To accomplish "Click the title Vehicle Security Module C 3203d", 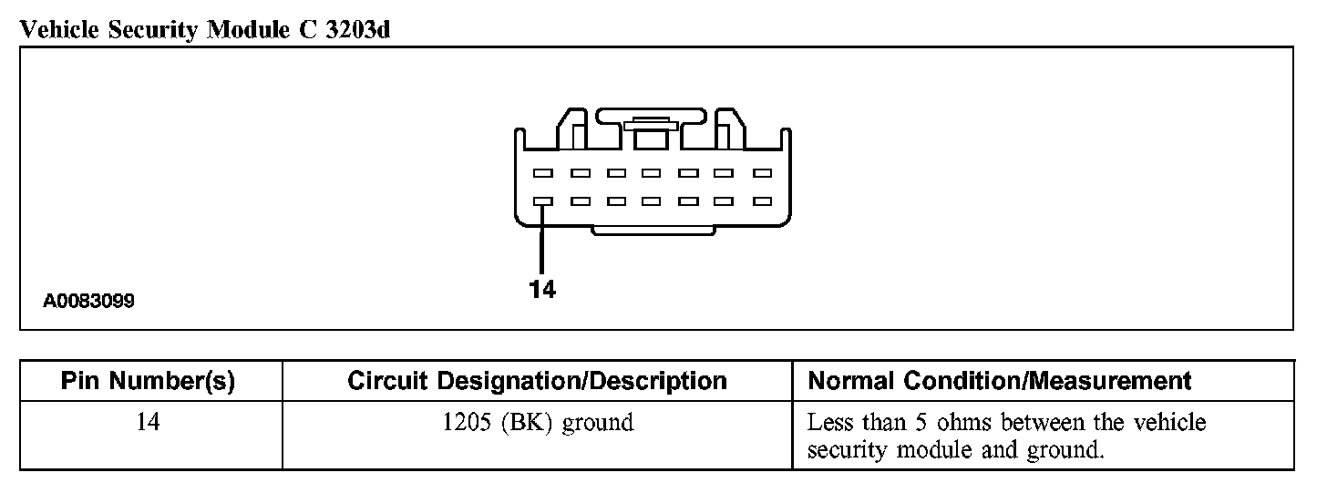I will (x=206, y=30).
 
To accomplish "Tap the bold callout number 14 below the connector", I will (x=542, y=290).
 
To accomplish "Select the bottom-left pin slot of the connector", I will (x=543, y=201).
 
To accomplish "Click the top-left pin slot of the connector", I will (x=543, y=172).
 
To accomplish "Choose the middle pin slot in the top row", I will (x=652, y=172).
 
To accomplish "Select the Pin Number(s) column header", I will (x=148, y=381).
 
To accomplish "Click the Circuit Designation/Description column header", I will (x=537, y=381).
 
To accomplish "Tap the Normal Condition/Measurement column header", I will (x=1000, y=381).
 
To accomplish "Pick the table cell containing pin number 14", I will (x=148, y=423).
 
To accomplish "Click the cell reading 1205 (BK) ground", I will (x=537, y=423).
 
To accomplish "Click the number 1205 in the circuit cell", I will (x=464, y=423).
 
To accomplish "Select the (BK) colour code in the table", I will (x=526, y=423).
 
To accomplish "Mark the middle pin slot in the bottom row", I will (x=652, y=201).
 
